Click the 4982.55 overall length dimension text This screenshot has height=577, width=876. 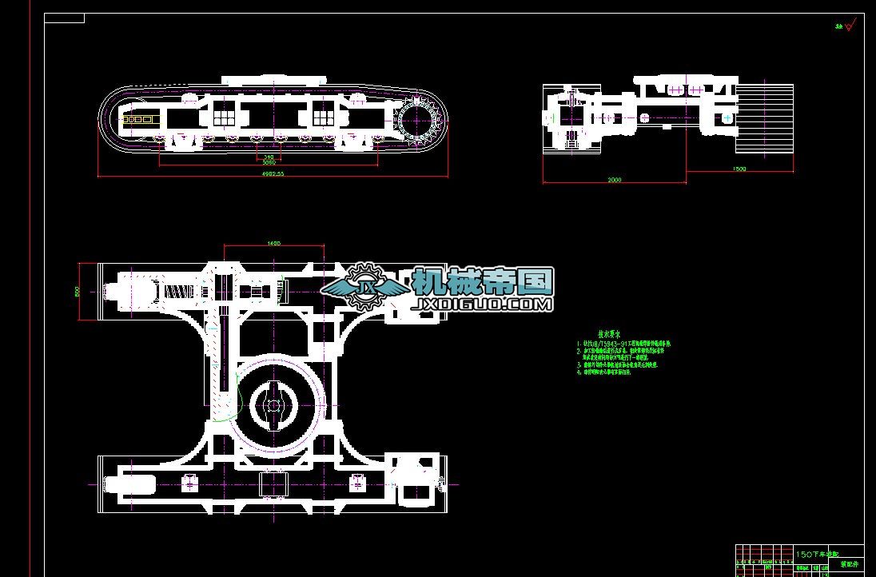[273, 173]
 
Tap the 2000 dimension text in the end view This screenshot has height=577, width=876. [614, 180]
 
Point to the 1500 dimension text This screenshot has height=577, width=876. [739, 169]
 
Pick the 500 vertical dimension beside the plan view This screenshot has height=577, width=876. [78, 291]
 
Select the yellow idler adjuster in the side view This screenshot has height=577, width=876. [140, 119]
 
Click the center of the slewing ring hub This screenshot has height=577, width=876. [273, 405]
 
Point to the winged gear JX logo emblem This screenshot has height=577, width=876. [367, 287]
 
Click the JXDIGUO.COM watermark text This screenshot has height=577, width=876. [483, 304]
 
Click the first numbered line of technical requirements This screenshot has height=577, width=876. [623, 344]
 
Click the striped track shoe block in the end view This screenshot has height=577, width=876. [765, 116]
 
